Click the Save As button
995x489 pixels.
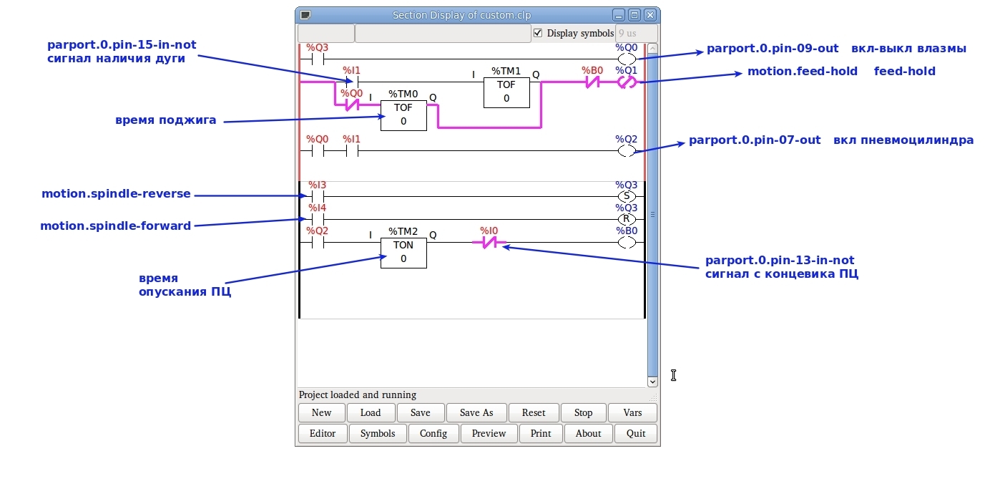[x=476, y=413]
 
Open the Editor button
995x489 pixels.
[x=323, y=433]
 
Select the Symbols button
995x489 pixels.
[x=378, y=433]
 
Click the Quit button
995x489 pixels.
[x=636, y=433]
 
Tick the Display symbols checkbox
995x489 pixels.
[x=539, y=33]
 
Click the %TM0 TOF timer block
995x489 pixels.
[x=403, y=115]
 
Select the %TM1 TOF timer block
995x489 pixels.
[x=506, y=92]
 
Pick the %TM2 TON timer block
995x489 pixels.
[x=403, y=252]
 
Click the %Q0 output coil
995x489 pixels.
[x=627, y=59]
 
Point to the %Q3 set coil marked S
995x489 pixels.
[x=627, y=196]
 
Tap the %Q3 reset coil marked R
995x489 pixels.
[x=627, y=219]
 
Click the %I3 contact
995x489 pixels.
[x=318, y=196]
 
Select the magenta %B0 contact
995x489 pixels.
[x=592, y=82]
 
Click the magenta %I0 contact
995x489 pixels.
[x=489, y=243]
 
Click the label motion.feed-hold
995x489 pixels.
[x=803, y=72]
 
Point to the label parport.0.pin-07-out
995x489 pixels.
[x=755, y=140]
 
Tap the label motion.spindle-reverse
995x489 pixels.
[x=116, y=194]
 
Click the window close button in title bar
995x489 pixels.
[x=650, y=15]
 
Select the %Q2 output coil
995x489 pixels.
[x=627, y=151]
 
